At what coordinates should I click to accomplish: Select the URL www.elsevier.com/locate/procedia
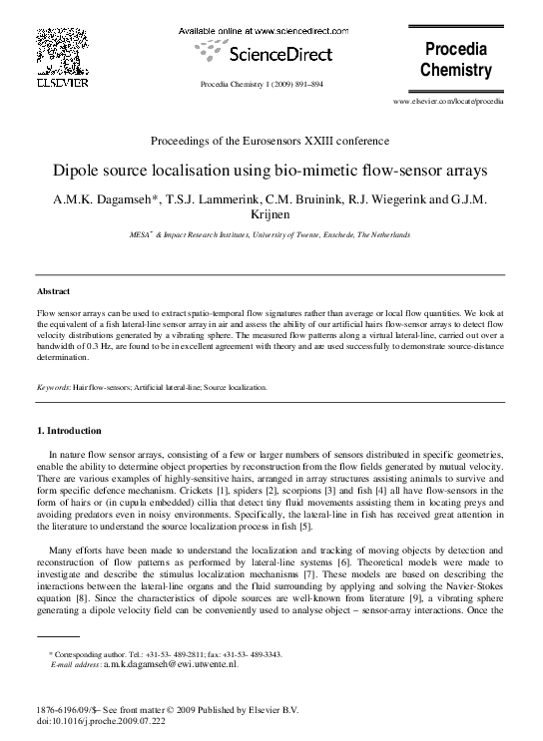(448, 102)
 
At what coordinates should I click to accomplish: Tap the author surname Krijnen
(271, 215)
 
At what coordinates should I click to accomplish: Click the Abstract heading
(52, 291)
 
